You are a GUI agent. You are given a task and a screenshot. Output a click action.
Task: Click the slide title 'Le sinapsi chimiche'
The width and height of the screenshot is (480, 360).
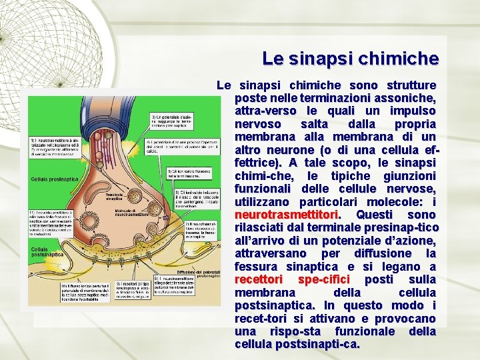tap(350, 59)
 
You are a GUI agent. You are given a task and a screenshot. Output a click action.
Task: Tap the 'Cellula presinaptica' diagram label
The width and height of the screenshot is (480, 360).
tap(54, 179)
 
